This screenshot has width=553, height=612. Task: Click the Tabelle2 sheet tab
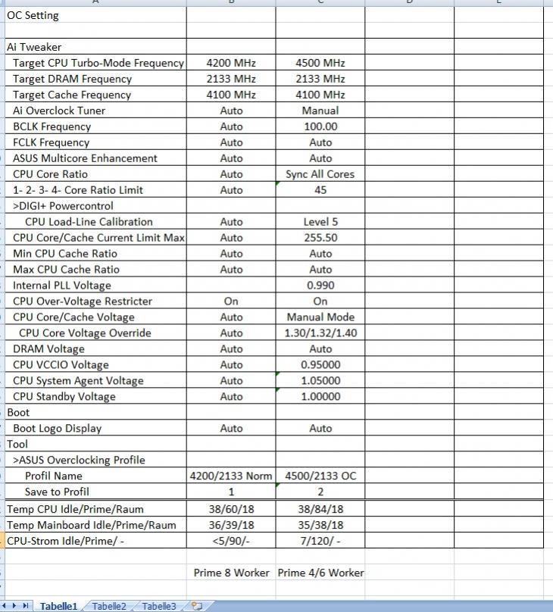tap(109, 606)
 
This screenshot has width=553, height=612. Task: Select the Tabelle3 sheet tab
tap(158, 606)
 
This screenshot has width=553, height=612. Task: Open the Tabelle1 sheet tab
tap(58, 606)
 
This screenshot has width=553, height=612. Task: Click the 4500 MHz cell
tap(320, 63)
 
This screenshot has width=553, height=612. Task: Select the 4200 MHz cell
tap(231, 63)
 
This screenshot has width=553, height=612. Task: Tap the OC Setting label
tap(33, 15)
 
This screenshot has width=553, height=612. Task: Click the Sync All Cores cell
tap(320, 174)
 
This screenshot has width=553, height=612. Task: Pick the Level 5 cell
tap(320, 222)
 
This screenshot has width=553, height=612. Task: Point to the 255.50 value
tap(320, 238)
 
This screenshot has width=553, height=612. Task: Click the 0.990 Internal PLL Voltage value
tap(320, 286)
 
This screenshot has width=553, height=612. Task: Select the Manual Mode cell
tap(320, 317)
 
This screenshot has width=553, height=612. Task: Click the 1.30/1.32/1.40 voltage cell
tap(320, 333)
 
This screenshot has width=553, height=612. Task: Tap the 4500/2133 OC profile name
tap(320, 476)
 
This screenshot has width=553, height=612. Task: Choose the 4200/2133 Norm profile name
tap(231, 476)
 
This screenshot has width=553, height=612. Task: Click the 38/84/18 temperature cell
tap(320, 509)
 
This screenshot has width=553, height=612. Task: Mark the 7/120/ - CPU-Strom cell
tap(320, 541)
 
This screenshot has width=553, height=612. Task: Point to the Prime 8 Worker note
tap(231, 573)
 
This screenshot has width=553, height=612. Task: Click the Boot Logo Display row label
tap(58, 429)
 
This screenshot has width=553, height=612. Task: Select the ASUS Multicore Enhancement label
tap(86, 158)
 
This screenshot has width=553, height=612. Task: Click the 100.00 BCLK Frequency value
tap(320, 126)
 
